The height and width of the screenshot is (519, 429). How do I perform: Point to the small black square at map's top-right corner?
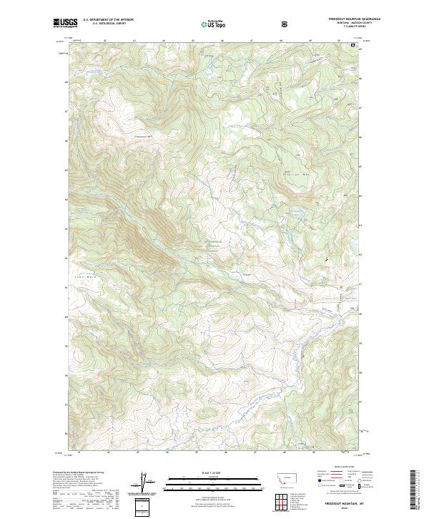pos(352,45)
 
